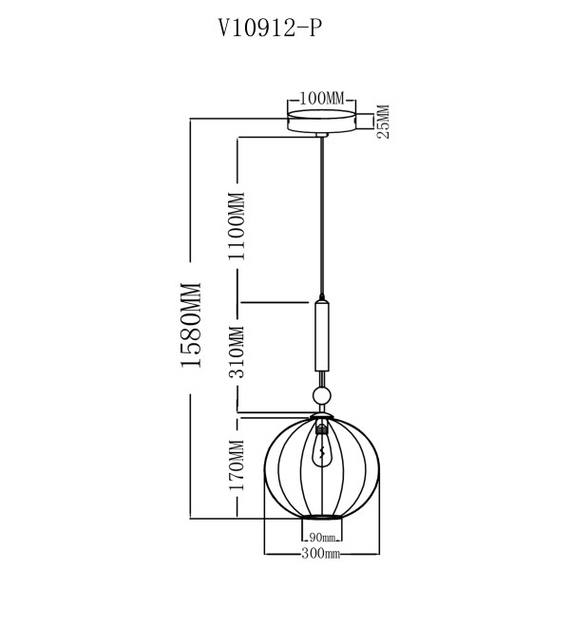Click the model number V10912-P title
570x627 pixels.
pyautogui.click(x=270, y=28)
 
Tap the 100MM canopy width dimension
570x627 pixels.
pyautogui.click(x=322, y=99)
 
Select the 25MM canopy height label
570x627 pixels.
pyautogui.click(x=383, y=122)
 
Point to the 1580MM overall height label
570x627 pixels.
pyautogui.click(x=190, y=325)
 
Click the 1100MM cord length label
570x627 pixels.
pyautogui.click(x=237, y=226)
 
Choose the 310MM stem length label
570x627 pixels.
pyautogui.click(x=236, y=352)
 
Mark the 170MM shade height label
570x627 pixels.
pyautogui.click(x=236, y=465)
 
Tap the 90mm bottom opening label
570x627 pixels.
pyautogui.click(x=322, y=538)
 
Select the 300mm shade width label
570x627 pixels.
pyautogui.click(x=320, y=554)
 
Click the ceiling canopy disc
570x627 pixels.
pyautogui.click(x=322, y=122)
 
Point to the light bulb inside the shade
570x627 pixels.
pyautogui.click(x=322, y=447)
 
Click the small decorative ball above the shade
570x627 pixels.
pyautogui.click(x=322, y=396)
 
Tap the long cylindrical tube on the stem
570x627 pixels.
pyautogui.click(x=322, y=336)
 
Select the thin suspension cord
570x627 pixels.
pyautogui.click(x=322, y=216)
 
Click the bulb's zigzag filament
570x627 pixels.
pyautogui.click(x=322, y=451)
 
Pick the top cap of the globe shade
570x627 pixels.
pyautogui.click(x=322, y=416)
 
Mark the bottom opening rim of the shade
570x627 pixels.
pyautogui.click(x=322, y=517)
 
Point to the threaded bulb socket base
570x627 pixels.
pyautogui.click(x=322, y=429)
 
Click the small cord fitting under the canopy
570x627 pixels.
pyautogui.click(x=322, y=135)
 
